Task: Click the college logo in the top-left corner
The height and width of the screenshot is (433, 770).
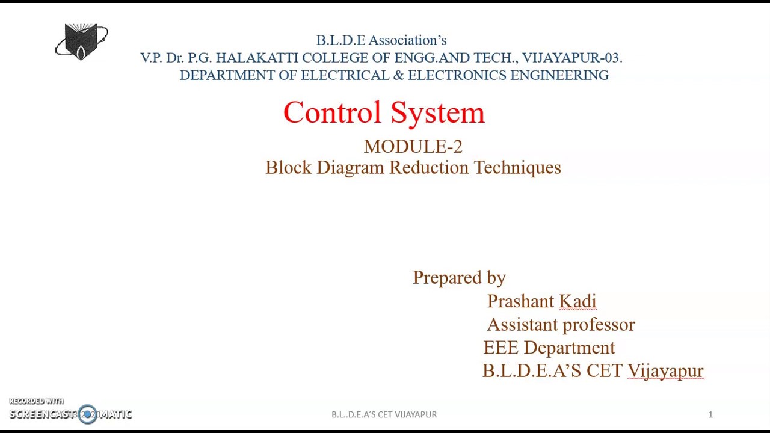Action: [x=82, y=41]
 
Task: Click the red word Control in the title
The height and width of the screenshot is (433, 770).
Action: [x=332, y=112]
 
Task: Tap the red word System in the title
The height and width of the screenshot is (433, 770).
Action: [x=437, y=112]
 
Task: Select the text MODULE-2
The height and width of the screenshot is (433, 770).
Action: [x=413, y=147]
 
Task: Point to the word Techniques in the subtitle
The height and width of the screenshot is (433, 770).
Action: [x=517, y=168]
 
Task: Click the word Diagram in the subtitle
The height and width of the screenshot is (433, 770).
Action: [x=350, y=168]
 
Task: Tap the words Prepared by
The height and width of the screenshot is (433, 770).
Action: [x=459, y=278]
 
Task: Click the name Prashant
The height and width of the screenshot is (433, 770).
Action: [x=520, y=301]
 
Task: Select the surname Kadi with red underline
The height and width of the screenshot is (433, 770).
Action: [x=577, y=301]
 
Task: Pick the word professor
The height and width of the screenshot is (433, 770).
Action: [x=599, y=325]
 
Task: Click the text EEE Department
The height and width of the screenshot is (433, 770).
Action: [x=549, y=348]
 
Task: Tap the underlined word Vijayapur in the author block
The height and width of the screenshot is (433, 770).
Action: [x=665, y=371]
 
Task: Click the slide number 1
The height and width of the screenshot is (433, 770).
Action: [x=710, y=414]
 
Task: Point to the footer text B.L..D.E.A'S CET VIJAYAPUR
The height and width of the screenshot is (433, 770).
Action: [x=384, y=414]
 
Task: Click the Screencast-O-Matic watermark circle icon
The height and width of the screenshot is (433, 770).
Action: [x=87, y=414]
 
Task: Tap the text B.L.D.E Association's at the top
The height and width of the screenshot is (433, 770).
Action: [x=381, y=40]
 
